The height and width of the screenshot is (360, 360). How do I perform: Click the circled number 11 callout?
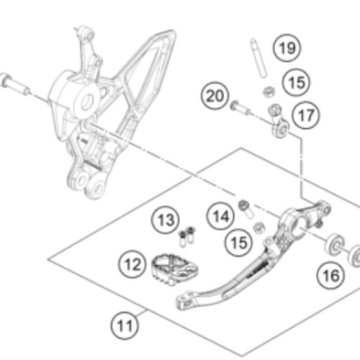pos(125,325)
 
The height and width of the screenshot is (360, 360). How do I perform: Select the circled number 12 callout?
pos(132,264)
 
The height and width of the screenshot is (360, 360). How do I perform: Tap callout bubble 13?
pos(166,220)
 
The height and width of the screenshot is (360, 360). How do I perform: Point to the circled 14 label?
pos(221,216)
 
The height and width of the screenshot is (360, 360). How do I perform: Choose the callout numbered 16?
pos(330,275)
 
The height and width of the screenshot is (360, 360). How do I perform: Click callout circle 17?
pos(306,115)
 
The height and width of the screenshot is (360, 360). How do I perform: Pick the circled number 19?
pos(287,48)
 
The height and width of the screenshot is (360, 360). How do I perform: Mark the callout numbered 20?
pos(215,96)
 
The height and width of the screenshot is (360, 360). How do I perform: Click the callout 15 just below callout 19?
pos(297,82)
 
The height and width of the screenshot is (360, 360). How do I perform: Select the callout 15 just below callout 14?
pos(239,243)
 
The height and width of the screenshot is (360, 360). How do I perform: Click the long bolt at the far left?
pos(15,84)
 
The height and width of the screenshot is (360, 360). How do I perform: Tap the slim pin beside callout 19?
pos(258,58)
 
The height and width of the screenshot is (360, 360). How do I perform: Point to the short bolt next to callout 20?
pos(240,108)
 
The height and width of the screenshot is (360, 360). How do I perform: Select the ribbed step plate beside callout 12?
pos(174,269)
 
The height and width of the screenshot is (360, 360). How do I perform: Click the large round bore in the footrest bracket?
pos(87,102)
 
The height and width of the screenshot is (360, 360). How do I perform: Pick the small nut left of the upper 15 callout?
pos(269,91)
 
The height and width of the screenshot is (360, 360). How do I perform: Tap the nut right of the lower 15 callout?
pos(259,228)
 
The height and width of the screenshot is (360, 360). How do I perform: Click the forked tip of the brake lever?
pos(184,301)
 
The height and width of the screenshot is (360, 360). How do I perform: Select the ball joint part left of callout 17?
pos(279,122)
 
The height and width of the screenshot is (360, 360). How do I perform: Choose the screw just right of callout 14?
pos(246,209)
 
